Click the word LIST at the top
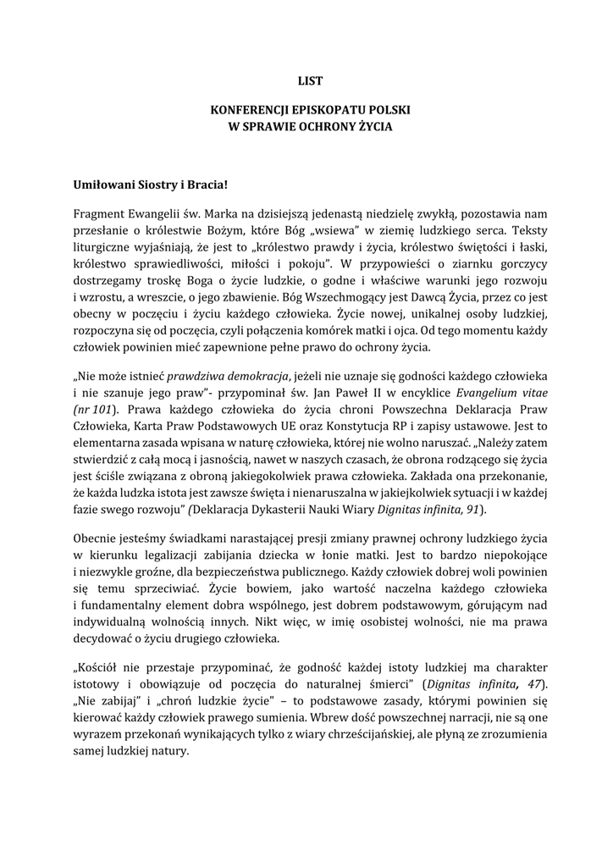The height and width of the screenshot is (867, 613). click(x=310, y=81)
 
